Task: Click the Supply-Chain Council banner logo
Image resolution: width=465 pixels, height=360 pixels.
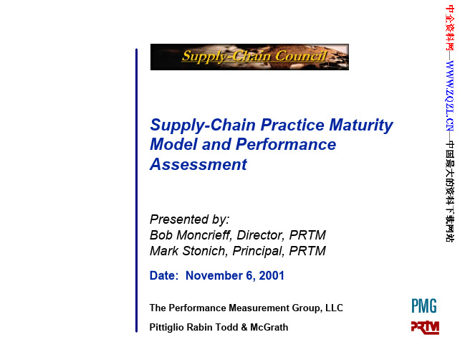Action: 249,57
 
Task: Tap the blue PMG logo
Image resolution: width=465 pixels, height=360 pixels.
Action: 424,306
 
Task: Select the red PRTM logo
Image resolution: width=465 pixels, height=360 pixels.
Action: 425,328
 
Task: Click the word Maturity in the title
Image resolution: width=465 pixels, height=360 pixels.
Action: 361,125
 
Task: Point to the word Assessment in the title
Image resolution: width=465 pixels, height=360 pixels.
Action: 198,164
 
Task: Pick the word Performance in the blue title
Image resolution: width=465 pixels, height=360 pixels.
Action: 286,145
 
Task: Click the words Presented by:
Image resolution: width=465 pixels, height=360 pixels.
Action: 189,219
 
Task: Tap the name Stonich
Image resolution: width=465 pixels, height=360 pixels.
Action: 205,251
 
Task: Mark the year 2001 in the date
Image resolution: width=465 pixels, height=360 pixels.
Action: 272,275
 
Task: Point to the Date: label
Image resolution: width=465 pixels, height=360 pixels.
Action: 164,275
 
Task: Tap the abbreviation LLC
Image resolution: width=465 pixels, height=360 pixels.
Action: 334,308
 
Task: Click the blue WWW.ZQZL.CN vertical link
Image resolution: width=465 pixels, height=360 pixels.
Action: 450,95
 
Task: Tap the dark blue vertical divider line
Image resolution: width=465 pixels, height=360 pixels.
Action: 136,190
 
